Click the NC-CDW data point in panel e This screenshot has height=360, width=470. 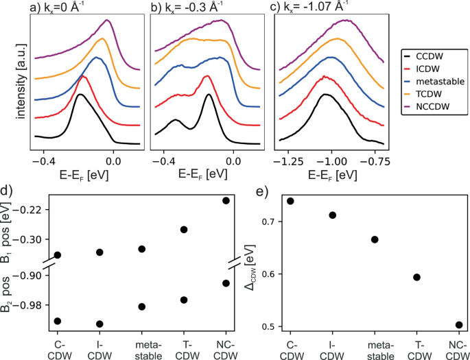click(459, 325)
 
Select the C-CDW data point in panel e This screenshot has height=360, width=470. click(290, 201)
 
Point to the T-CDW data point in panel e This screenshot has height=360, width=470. click(416, 277)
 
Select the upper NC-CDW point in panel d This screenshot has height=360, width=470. click(226, 200)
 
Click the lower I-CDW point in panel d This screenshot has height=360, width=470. click(99, 324)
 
